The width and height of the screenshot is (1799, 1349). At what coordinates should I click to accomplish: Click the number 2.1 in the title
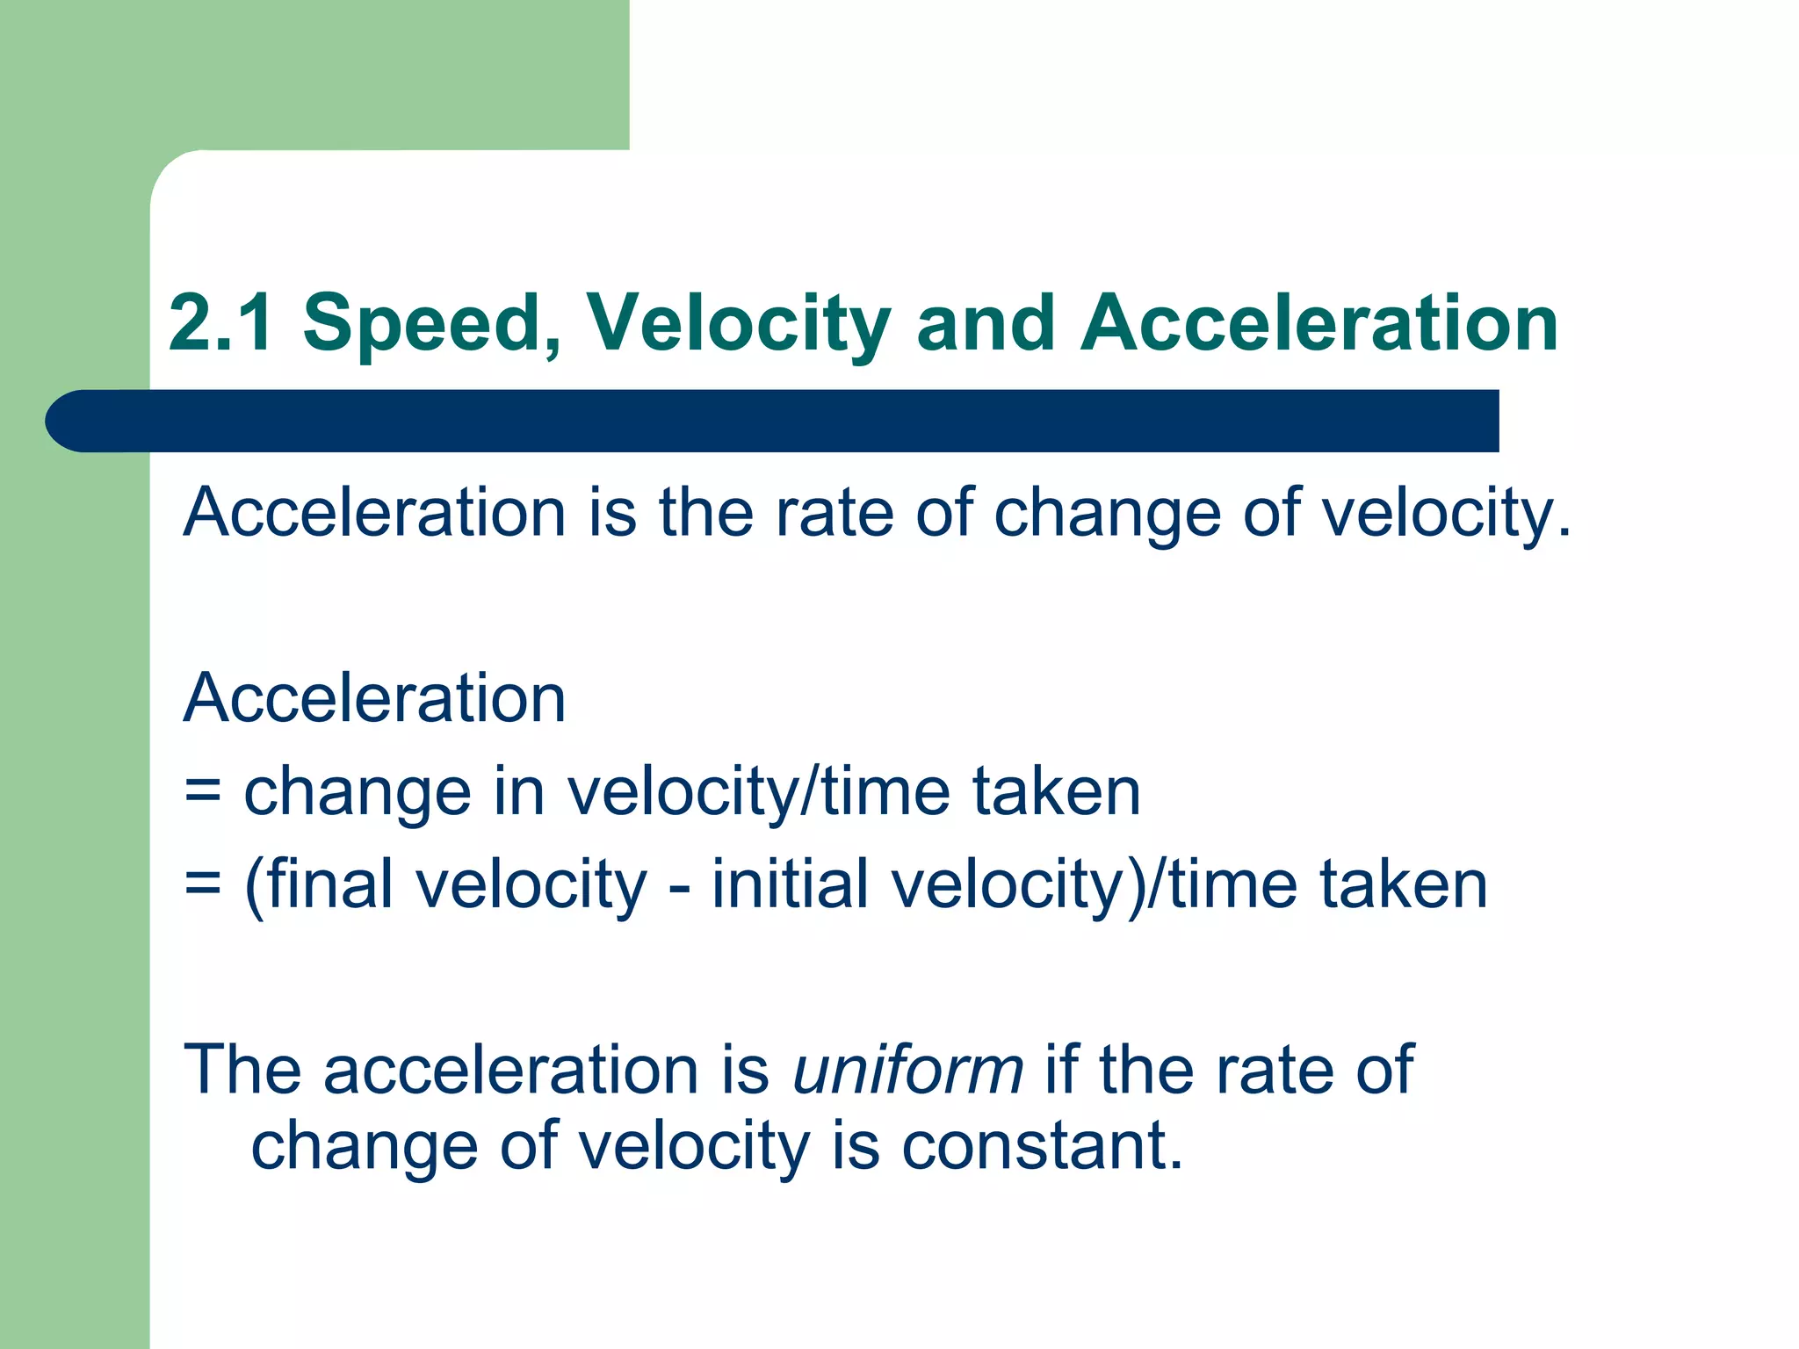point(220,323)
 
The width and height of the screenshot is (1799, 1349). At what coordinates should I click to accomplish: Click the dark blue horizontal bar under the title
point(773,421)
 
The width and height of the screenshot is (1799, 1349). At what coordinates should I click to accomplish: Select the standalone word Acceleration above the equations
point(374,698)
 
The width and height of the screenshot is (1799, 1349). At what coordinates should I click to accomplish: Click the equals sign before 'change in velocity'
point(203,791)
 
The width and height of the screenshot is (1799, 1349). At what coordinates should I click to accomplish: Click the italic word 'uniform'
point(907,1070)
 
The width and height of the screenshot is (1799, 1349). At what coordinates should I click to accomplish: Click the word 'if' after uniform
point(1061,1070)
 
